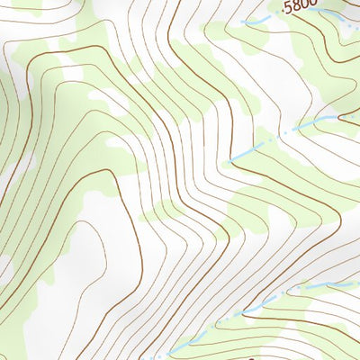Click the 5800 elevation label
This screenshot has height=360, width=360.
pos(299,8)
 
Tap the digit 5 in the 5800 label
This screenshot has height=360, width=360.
pos(286,8)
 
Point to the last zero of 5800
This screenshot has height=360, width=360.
pos(311,8)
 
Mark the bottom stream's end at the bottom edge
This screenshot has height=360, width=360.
pos(166,357)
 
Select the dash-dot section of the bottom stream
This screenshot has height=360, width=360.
pos(270,301)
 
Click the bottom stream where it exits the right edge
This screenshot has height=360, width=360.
pos(358,280)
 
